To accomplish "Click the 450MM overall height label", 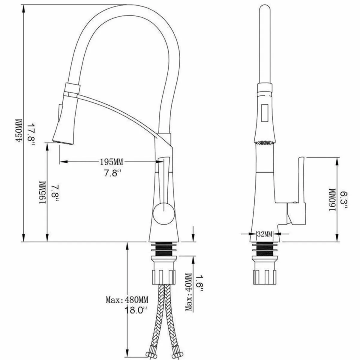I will click(x=19, y=130).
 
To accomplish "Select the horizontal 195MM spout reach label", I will click(x=111, y=162).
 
